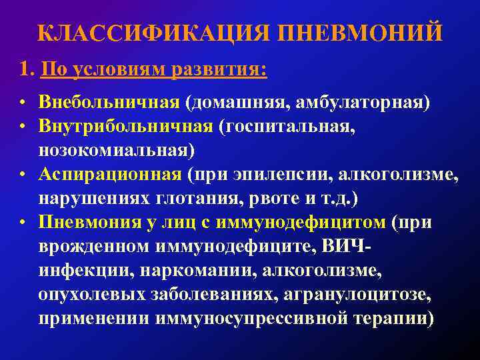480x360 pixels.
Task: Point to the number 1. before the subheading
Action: click(27, 69)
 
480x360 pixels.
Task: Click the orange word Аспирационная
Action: click(110, 175)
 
